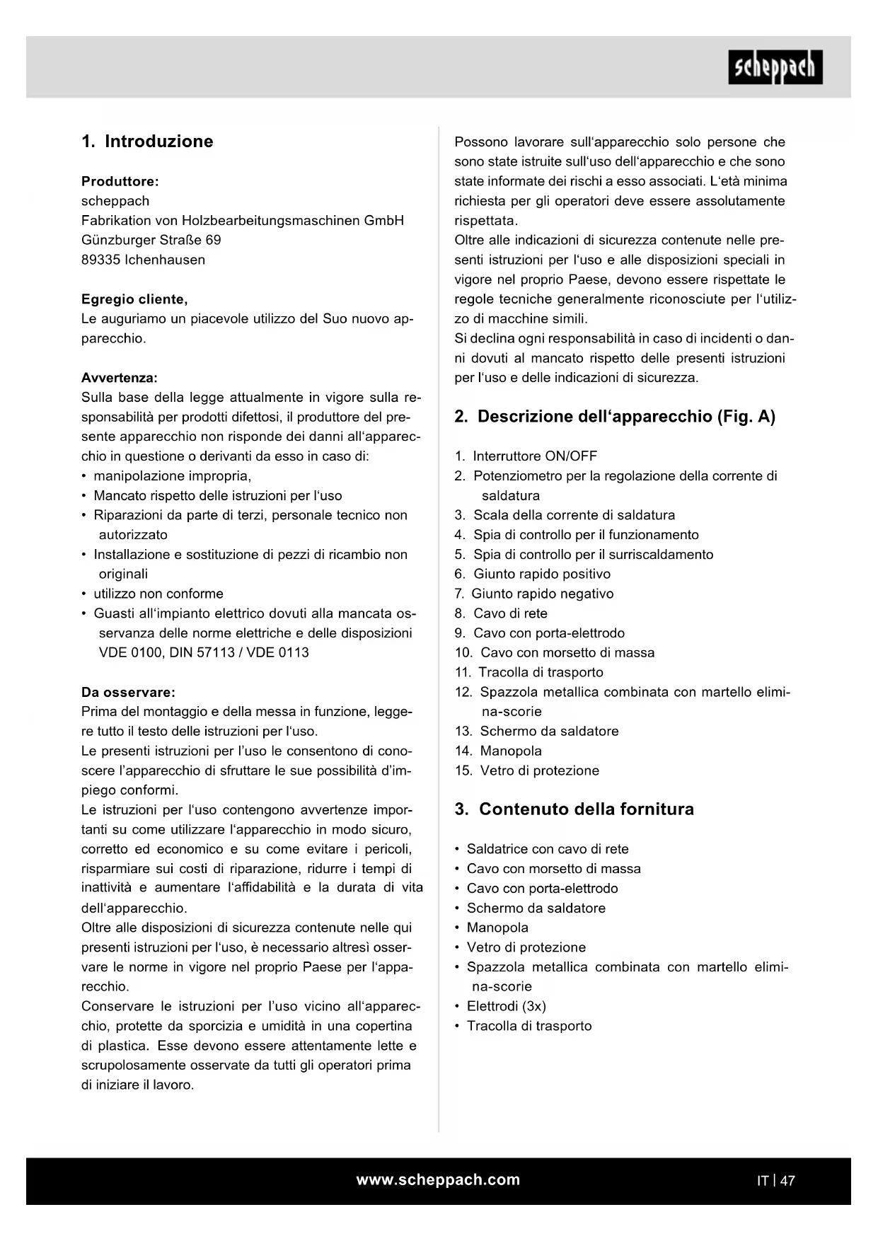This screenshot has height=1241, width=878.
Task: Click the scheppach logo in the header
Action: click(x=775, y=67)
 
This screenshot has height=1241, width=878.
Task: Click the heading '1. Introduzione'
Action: click(x=147, y=141)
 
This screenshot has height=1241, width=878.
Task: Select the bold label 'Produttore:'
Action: click(x=120, y=181)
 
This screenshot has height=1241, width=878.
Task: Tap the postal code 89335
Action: click(x=100, y=260)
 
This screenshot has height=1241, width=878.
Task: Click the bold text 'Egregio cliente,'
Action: click(x=134, y=299)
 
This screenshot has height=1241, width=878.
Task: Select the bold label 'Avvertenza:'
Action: click(x=120, y=378)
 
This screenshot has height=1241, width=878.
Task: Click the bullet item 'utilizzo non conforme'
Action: click(x=158, y=594)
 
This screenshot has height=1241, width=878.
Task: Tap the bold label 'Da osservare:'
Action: click(x=128, y=692)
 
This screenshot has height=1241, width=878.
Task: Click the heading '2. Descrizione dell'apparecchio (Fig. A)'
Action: click(x=615, y=416)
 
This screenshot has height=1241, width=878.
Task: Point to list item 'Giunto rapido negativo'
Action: click(x=542, y=594)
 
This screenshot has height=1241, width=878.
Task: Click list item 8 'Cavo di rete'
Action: click(x=509, y=613)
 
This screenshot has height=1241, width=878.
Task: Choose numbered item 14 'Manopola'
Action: click(x=510, y=751)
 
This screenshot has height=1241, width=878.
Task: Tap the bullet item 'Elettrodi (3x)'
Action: click(x=506, y=1006)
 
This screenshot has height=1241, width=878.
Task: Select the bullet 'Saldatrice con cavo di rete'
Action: click(x=547, y=849)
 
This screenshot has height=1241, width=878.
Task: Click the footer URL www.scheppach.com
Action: click(x=438, y=1179)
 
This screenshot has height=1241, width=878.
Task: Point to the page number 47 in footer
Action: click(x=788, y=1180)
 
